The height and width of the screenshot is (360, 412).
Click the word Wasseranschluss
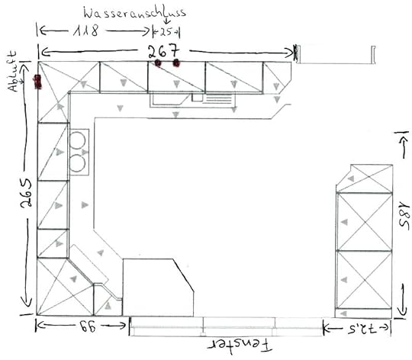coord(135,12)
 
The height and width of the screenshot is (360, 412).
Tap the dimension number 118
coord(86,31)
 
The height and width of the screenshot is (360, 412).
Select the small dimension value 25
coord(166,32)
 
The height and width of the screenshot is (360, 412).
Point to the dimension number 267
coord(163,51)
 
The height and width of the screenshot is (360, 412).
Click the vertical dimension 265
coord(26,193)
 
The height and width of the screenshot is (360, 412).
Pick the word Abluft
coord(12,71)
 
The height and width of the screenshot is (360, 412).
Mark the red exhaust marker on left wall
coord(37,82)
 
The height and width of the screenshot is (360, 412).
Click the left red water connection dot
coord(158,63)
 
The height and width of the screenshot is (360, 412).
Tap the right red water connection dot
coord(176,63)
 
